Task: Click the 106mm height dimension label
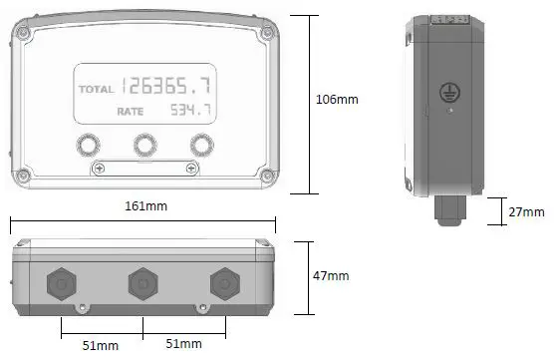(337, 100)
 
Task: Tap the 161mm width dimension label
(145, 206)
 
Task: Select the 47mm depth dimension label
(331, 275)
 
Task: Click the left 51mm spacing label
(101, 345)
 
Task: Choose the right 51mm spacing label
(182, 345)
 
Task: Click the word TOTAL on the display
(97, 90)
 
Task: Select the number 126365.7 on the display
(169, 86)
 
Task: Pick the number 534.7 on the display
(188, 109)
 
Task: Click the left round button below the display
(88, 145)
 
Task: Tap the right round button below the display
(203, 145)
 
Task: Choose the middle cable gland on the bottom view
(143, 284)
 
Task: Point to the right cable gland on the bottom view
(225, 284)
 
